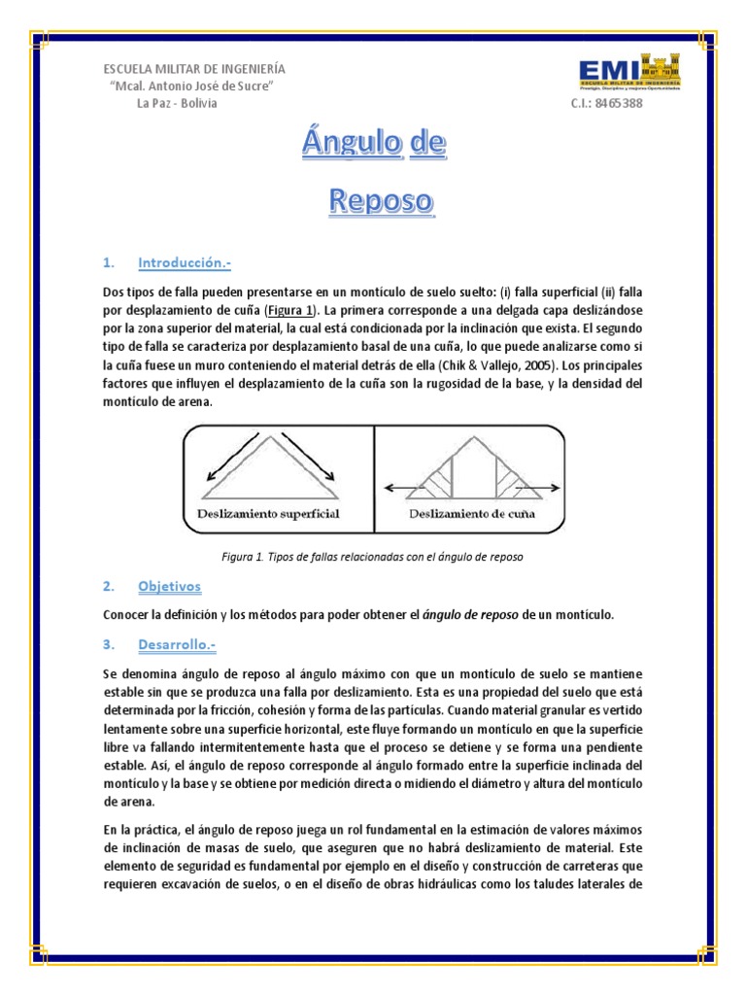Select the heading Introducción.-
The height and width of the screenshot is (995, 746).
185,262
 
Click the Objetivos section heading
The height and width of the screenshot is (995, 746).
169,587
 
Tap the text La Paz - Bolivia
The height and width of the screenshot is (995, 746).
177,105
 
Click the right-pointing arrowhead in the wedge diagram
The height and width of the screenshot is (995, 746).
550,490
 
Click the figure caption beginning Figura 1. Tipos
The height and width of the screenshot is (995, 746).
373,557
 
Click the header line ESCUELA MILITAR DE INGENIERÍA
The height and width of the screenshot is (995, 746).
194,69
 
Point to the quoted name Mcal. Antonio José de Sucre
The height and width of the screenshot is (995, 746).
192,87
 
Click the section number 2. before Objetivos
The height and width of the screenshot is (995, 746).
109,587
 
